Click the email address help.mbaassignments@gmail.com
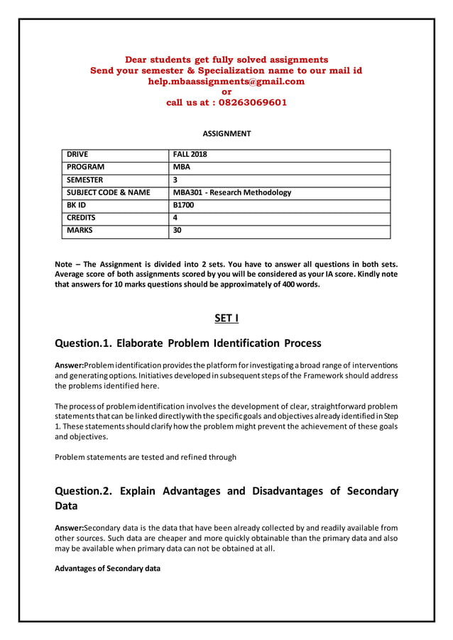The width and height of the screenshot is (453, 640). pos(226,82)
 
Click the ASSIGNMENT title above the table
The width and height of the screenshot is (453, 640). pos(226,133)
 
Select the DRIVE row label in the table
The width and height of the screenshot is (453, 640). pos(79,154)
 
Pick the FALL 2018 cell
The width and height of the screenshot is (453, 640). pos(190,154)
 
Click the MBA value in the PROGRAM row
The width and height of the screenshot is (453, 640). pos(182,167)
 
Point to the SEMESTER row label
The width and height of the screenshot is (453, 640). pos(84,180)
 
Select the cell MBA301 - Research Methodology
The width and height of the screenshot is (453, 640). pos(232,192)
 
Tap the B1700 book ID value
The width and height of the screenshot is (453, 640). pos(184,205)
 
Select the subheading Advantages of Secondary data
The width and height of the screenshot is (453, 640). pos(107,568)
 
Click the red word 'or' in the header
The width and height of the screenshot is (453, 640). pos(226,92)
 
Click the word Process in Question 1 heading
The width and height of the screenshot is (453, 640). pos(302,343)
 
